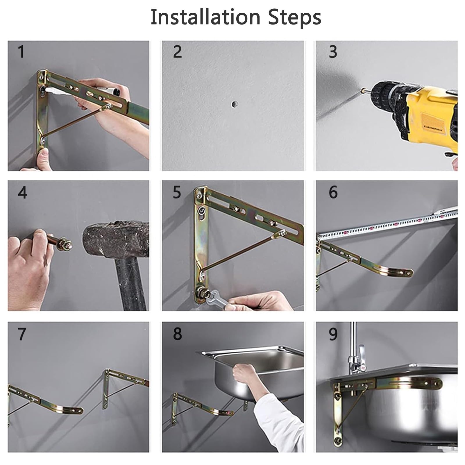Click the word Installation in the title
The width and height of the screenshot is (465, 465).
point(205,17)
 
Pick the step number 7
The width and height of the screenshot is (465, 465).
point(22,334)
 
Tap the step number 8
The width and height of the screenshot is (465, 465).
point(177,334)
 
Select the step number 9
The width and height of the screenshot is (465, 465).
point(333,334)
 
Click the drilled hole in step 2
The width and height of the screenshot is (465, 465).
point(234,104)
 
